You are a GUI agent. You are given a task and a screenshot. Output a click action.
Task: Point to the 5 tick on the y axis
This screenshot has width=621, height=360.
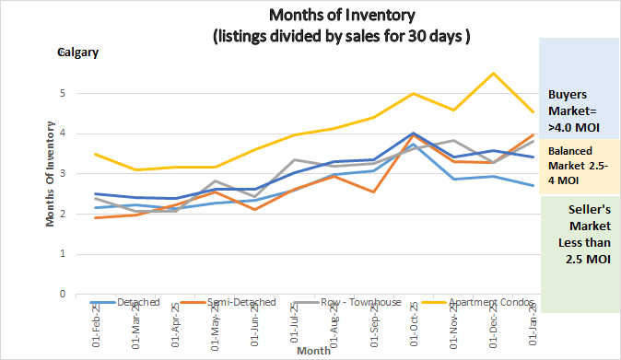62,94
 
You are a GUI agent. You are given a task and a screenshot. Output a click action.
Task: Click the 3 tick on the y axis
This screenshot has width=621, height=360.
62,174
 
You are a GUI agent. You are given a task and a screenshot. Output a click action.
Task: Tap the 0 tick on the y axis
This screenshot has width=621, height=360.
62,295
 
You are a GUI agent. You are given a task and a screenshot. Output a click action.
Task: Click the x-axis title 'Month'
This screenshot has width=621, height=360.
312,351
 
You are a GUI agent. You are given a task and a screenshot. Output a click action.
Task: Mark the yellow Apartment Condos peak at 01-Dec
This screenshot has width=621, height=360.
495,74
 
